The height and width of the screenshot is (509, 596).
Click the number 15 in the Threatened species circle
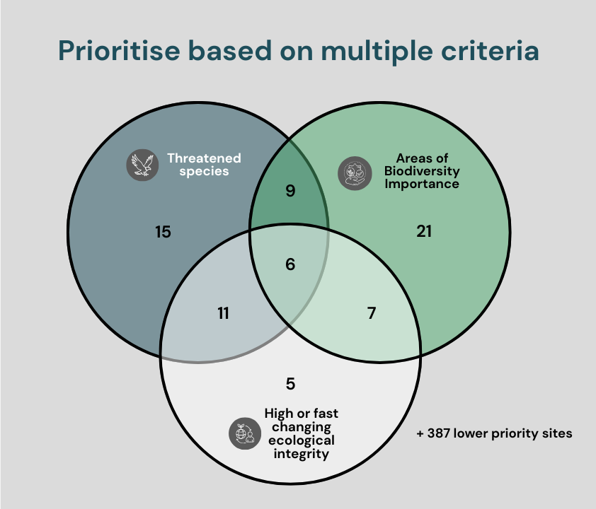coord(163,231)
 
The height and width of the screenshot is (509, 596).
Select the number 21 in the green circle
coord(424,230)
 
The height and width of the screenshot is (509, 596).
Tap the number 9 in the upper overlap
coord(290,191)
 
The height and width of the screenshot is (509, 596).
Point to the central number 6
coord(290,265)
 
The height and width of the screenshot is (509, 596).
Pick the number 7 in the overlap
coord(372,313)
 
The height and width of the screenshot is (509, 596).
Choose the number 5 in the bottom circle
coord(290,384)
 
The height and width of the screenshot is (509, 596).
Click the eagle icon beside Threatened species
coord(141,164)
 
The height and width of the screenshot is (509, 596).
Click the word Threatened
coord(204,158)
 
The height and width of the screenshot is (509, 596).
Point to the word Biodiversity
coord(422,171)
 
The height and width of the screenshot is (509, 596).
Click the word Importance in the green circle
coord(422,184)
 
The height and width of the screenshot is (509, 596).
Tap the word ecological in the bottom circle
coord(302,440)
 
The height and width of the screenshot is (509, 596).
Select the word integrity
coord(302,454)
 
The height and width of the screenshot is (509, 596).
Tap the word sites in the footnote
coord(557,433)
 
